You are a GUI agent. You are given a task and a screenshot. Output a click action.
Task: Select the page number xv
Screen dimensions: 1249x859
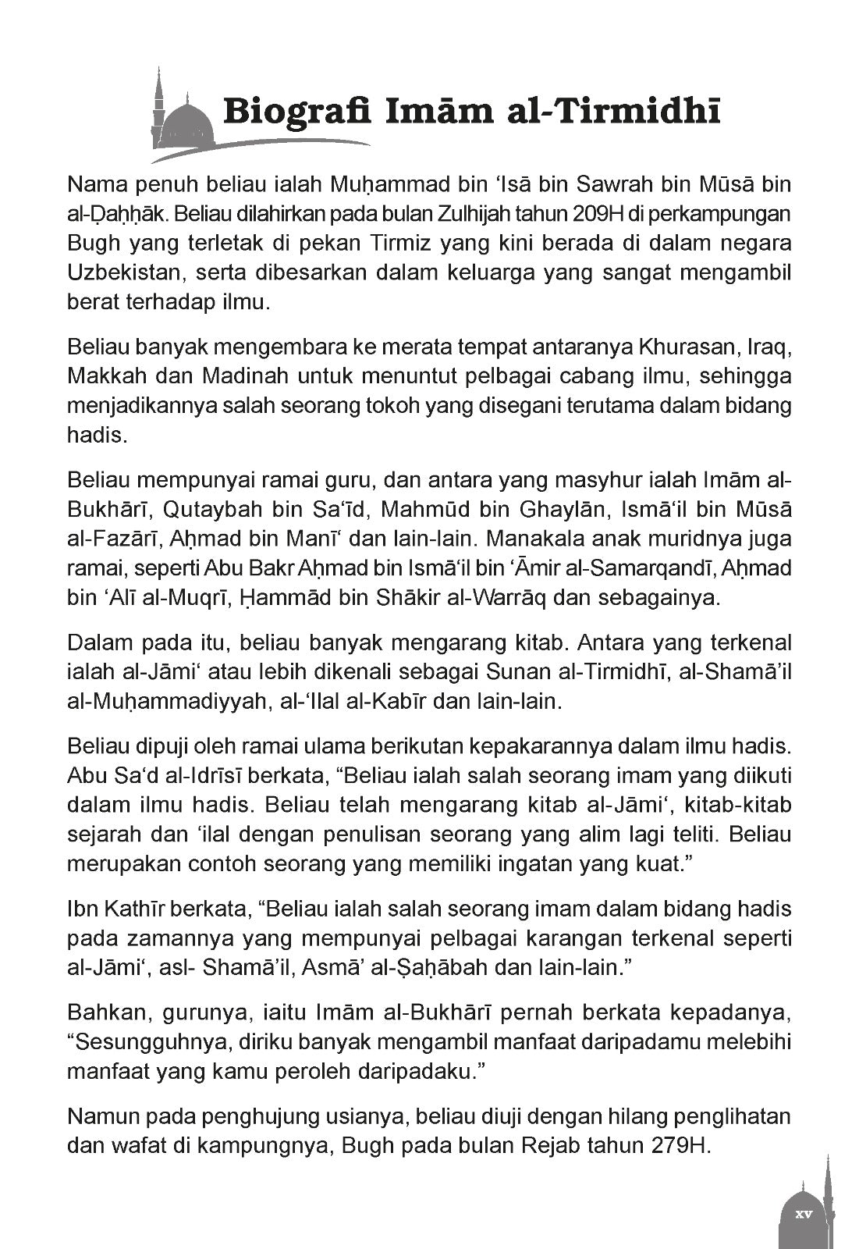click(804, 1215)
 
